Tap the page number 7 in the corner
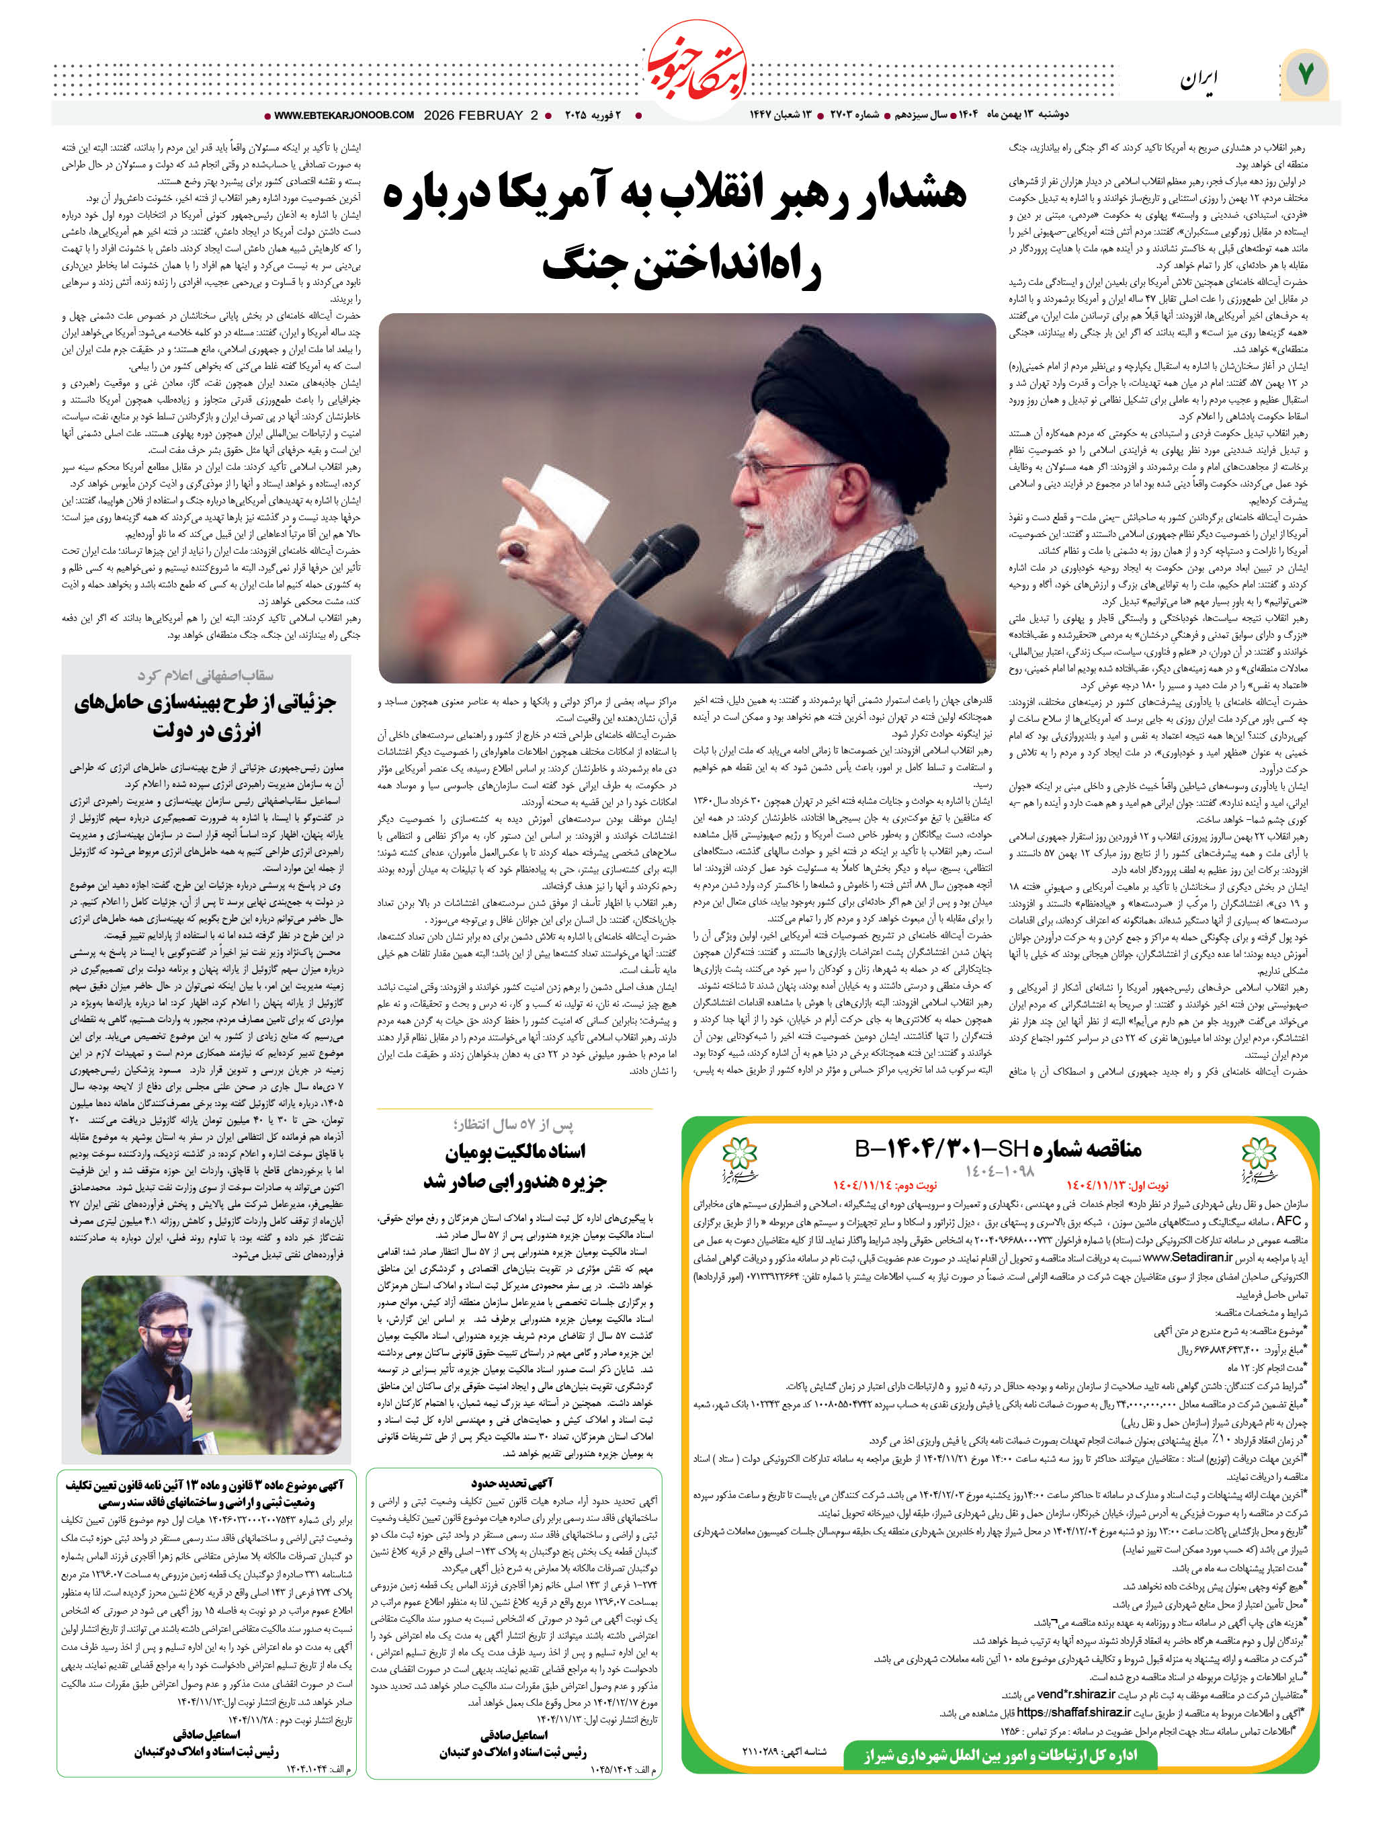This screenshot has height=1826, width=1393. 1306,75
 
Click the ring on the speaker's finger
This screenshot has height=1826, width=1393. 516,549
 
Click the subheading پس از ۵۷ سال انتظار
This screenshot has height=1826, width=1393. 513,1124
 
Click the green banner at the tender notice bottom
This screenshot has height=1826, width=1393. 999,1755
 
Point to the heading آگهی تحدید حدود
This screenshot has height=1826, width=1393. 513,1483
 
